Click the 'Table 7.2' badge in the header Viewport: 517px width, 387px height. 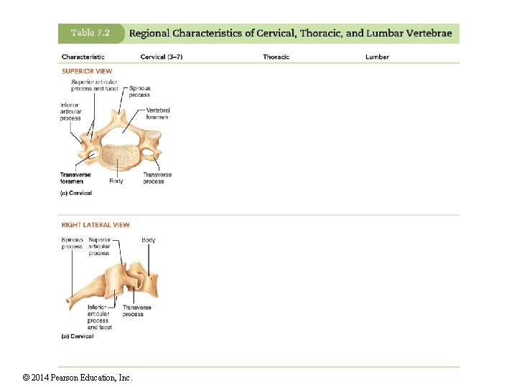point(90,34)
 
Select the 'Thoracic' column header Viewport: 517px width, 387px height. point(276,57)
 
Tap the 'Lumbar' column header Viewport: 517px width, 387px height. point(377,57)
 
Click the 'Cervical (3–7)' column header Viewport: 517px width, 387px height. point(161,57)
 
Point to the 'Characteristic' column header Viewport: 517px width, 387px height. point(83,57)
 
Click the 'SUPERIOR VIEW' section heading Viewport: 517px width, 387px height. point(87,71)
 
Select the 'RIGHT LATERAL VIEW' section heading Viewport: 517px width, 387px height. point(96,225)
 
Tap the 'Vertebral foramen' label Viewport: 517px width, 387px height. point(158,113)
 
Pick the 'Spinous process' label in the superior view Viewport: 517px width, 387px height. point(139,91)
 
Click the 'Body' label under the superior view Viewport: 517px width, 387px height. point(116,181)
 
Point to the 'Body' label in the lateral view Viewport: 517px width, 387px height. point(149,240)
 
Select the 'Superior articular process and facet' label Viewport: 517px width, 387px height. point(96,85)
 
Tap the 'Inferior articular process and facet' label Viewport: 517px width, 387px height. point(99,317)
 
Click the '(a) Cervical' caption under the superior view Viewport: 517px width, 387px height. point(77,193)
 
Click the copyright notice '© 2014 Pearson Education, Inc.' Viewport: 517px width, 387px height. point(78,378)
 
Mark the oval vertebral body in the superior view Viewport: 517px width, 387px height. point(119,158)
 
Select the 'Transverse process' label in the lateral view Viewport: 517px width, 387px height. point(136,311)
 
